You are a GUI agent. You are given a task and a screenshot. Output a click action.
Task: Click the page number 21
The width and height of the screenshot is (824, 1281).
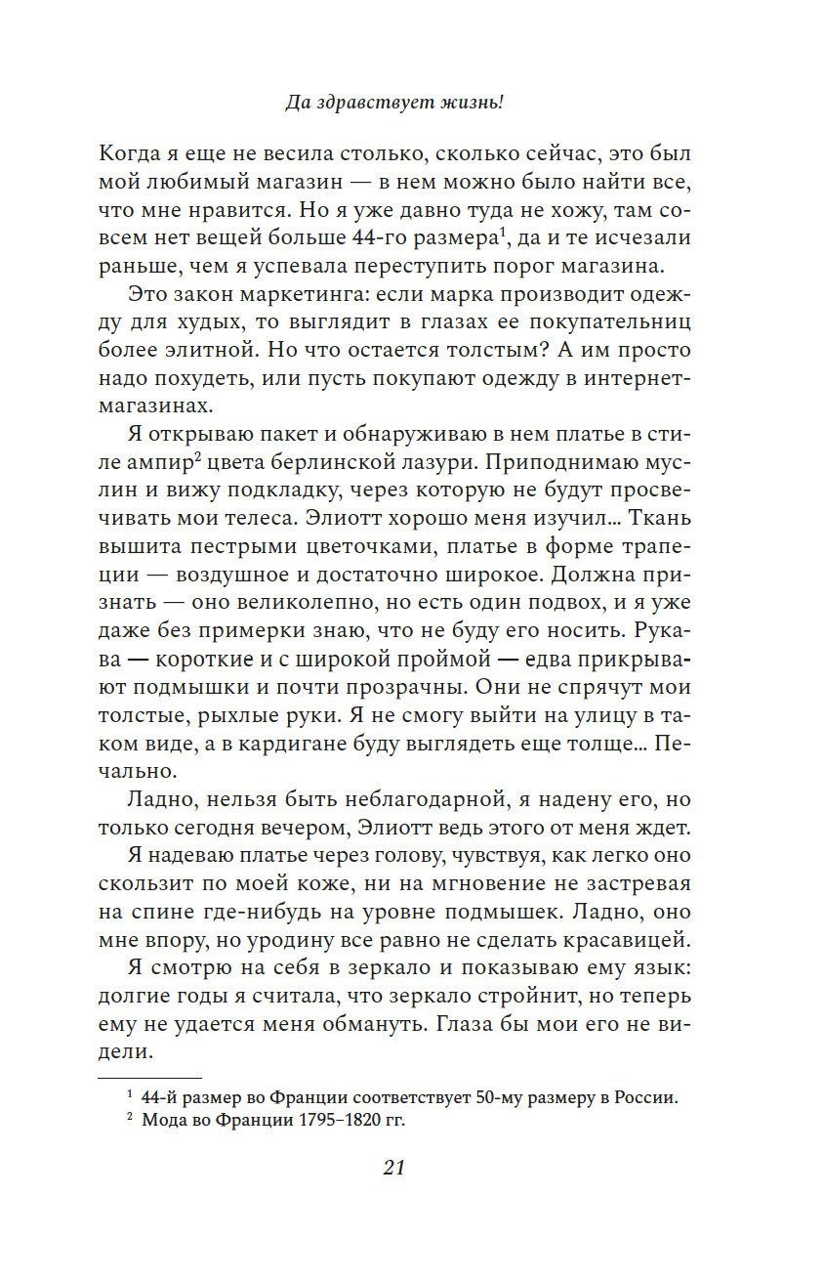tap(393, 1168)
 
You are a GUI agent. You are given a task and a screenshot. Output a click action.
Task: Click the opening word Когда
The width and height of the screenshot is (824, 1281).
tap(133, 152)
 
